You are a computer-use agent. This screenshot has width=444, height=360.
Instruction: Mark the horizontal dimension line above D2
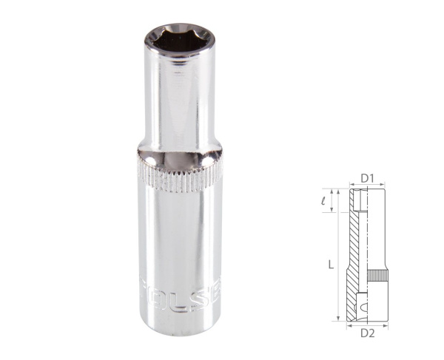click(x=367, y=322)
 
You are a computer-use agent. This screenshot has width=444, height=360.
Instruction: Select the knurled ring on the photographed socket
click(x=178, y=174)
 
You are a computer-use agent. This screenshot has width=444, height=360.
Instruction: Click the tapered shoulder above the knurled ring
click(x=178, y=152)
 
